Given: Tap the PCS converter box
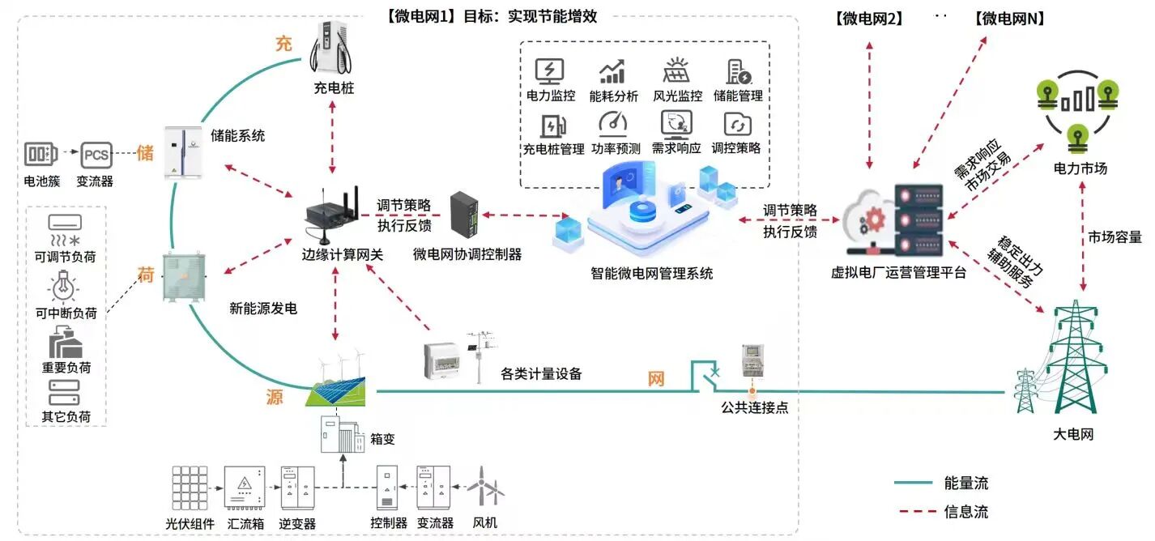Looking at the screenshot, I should point(94,153).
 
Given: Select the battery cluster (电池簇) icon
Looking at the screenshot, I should point(41,153).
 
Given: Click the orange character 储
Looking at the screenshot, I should point(145,153).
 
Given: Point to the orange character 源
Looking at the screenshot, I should point(275,397).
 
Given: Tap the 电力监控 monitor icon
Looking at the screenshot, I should point(550,71).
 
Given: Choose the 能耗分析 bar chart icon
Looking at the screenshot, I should point(612,71).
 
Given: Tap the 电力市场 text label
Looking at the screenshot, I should point(1080,168).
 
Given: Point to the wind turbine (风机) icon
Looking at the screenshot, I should point(487,486).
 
